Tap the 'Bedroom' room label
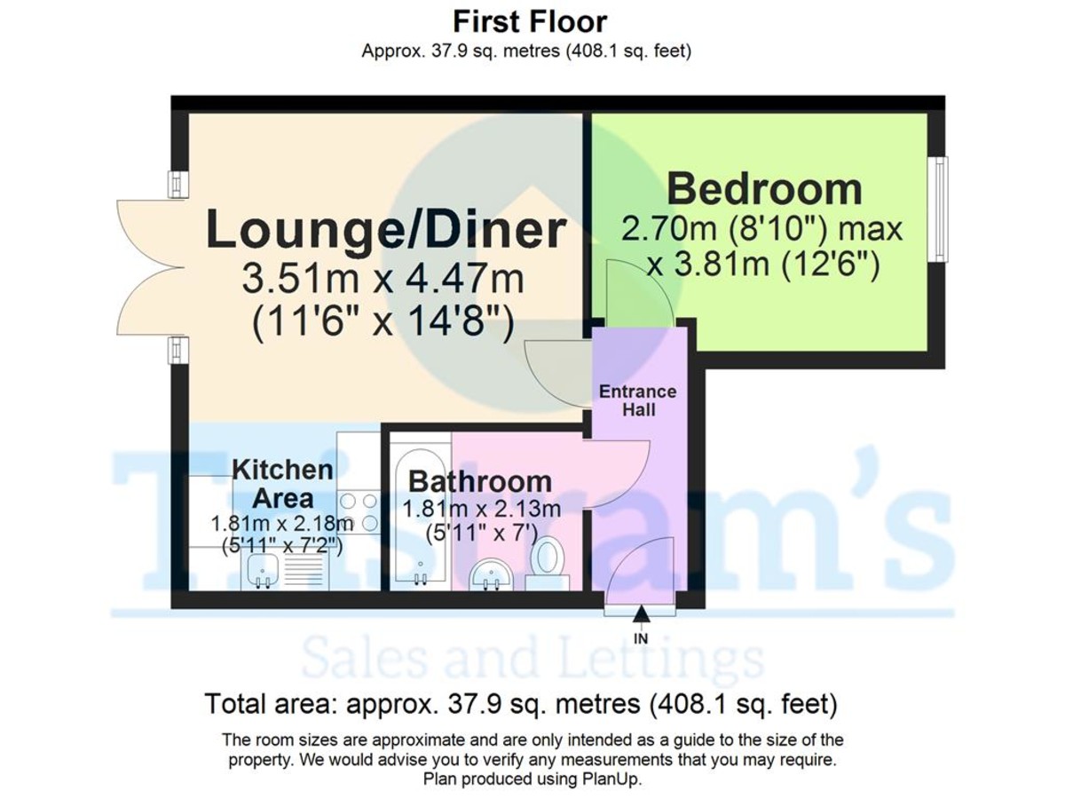pos(764,189)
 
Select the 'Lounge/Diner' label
pos(386,230)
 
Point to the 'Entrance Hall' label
pos(637,400)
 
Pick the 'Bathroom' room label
pos(479,481)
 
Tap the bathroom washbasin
pos(491,574)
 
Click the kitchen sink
pos(261,571)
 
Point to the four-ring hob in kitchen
pos(359,513)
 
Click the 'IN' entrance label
pos(641,638)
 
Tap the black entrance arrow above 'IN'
pos(641,614)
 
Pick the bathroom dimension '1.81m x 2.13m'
pos(482,510)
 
